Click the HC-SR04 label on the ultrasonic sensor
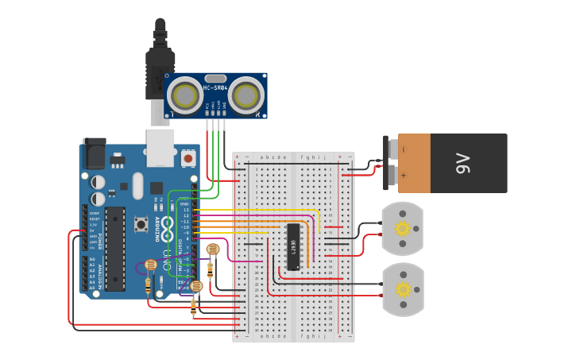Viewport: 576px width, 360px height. (215, 87)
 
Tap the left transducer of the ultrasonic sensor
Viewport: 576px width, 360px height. (186, 95)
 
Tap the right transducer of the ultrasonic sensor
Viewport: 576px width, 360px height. (247, 95)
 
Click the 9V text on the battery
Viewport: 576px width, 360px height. (463, 164)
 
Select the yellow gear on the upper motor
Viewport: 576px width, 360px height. (402, 229)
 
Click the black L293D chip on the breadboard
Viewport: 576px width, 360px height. (293, 246)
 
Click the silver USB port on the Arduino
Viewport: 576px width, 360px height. (161, 148)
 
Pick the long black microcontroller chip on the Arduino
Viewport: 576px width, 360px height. (115, 248)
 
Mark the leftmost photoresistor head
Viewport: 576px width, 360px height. (151, 265)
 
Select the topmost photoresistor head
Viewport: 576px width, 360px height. (212, 250)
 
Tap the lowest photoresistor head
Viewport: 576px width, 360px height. (196, 286)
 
